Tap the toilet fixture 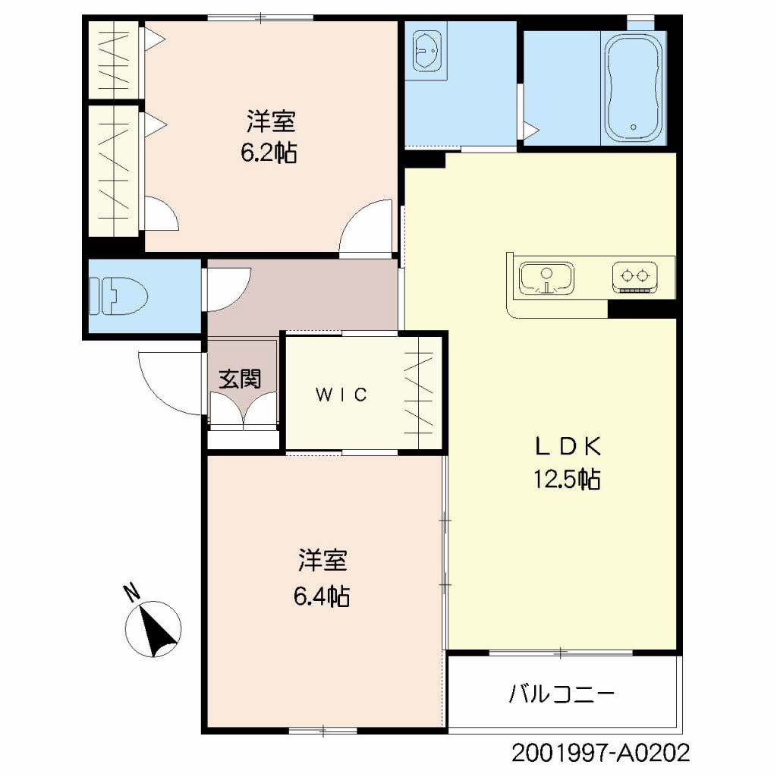(x=118, y=296)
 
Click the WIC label (x=341, y=395)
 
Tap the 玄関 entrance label (x=240, y=379)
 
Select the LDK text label (x=568, y=446)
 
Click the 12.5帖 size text (x=567, y=480)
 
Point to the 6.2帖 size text (x=269, y=153)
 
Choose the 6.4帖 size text (x=322, y=596)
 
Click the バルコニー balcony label (x=562, y=694)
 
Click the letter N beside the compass (x=132, y=592)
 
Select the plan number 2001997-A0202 (x=600, y=753)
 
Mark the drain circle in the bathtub (x=634, y=127)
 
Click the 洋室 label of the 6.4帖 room (x=322, y=561)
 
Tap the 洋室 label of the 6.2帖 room (x=271, y=121)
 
